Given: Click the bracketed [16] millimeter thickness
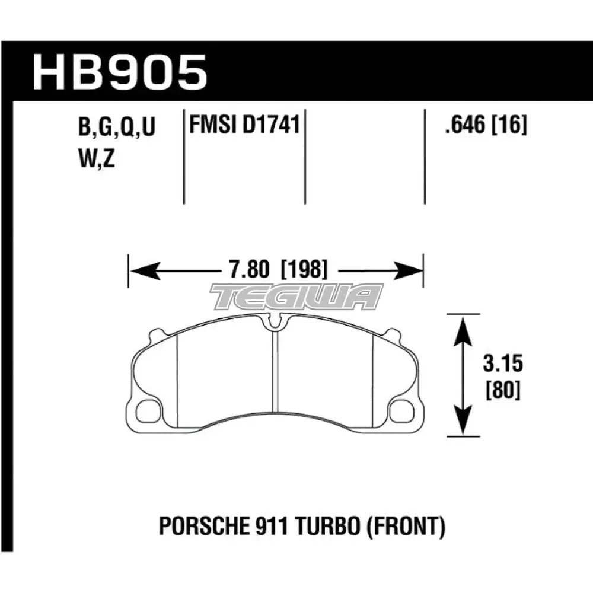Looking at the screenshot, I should click(509, 125).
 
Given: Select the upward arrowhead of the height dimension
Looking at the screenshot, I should click(463, 329).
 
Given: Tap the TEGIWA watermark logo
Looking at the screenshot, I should click(296, 296).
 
